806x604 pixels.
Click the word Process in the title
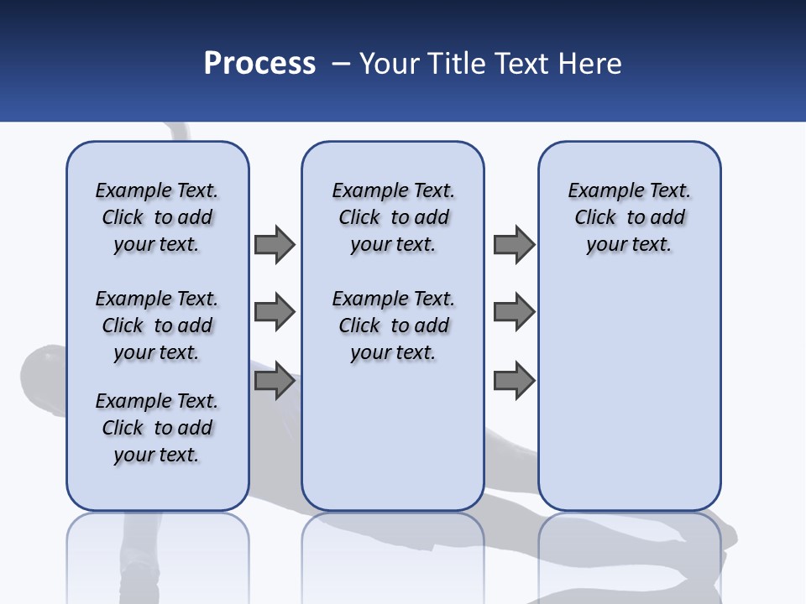259,64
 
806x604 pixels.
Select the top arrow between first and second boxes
275,244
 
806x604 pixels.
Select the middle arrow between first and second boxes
275,312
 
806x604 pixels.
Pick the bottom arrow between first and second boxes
275,381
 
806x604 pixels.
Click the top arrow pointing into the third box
514,244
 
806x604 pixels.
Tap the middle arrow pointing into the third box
514,312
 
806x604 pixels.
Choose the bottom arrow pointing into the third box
514,381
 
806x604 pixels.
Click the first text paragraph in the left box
157,217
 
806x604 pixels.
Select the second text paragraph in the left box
157,325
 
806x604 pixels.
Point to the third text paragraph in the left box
157,428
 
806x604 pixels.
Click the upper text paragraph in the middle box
394,217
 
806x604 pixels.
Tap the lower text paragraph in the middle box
394,325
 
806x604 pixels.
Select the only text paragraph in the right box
630,217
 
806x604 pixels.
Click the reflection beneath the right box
630,554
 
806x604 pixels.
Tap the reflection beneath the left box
157,554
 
